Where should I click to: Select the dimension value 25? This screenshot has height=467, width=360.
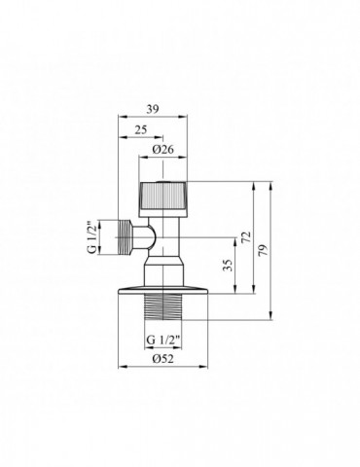[x=141, y=129]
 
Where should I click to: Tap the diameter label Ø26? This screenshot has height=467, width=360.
[x=163, y=150]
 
